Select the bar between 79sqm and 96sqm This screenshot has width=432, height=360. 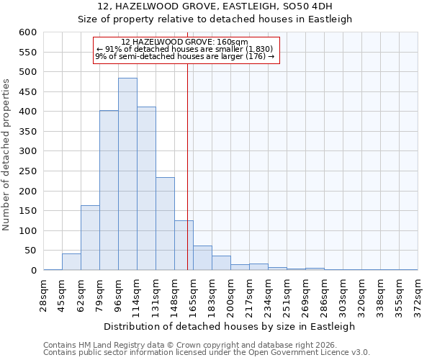tap(109, 190)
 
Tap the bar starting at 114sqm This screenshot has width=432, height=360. tap(146, 189)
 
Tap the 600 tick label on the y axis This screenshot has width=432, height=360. tap(27, 32)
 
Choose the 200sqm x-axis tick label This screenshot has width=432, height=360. tap(231, 296)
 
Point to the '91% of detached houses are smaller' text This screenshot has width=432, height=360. tap(184, 49)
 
